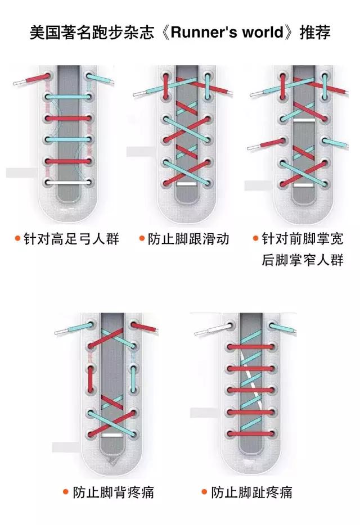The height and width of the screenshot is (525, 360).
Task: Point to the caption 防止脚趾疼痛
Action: [252, 493]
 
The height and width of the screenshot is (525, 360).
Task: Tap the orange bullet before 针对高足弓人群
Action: [18, 238]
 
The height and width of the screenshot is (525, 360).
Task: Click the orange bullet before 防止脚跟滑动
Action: [142, 238]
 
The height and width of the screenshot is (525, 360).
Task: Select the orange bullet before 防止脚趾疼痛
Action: [205, 493]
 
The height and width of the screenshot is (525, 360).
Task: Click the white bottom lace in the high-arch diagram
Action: [68, 183]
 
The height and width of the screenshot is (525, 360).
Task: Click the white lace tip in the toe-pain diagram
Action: [206, 332]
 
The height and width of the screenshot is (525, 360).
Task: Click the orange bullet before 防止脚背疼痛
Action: [66, 493]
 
